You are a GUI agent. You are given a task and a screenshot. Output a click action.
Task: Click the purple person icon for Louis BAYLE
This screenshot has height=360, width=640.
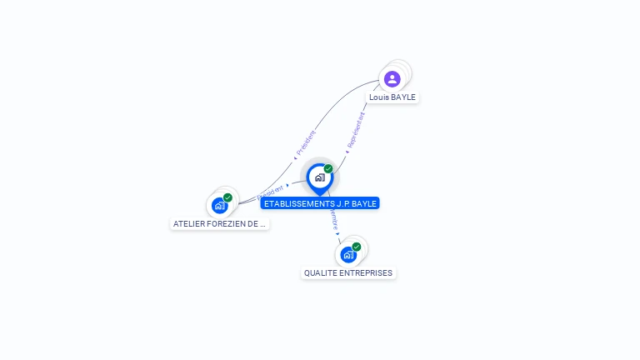tap(392, 79)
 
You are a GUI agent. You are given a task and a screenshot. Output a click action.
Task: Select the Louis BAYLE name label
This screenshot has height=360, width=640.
tap(392, 97)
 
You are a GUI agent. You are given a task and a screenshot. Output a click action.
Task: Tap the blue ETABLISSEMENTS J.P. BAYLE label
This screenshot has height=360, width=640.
tap(320, 203)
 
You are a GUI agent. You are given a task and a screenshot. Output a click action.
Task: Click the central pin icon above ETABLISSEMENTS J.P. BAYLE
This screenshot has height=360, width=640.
tap(319, 177)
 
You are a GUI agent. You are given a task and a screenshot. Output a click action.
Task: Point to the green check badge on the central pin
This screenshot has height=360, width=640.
tap(328, 168)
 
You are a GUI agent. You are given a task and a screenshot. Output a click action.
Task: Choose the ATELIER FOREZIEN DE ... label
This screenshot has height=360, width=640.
tap(219, 223)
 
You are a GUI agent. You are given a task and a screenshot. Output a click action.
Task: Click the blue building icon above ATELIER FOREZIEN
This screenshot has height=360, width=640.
tap(219, 205)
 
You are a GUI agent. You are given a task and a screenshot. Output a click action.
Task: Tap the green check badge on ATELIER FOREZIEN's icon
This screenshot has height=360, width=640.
tap(227, 197)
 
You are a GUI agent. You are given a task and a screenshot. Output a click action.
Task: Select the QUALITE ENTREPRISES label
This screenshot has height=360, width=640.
tap(348, 272)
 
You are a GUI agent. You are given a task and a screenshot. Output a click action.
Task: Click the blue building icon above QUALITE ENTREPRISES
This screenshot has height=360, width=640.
tap(348, 254)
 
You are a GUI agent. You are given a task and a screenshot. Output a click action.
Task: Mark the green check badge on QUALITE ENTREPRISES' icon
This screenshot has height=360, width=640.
tap(357, 247)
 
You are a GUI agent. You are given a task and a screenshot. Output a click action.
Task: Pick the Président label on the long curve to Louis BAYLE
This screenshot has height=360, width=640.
tap(306, 143)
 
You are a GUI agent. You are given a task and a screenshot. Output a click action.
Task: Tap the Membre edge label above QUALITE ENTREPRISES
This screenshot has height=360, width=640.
tap(333, 221)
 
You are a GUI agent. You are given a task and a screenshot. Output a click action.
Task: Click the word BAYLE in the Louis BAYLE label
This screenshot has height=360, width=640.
tap(403, 97)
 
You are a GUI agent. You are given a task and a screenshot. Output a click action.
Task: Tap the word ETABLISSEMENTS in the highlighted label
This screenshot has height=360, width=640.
tap(295, 203)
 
